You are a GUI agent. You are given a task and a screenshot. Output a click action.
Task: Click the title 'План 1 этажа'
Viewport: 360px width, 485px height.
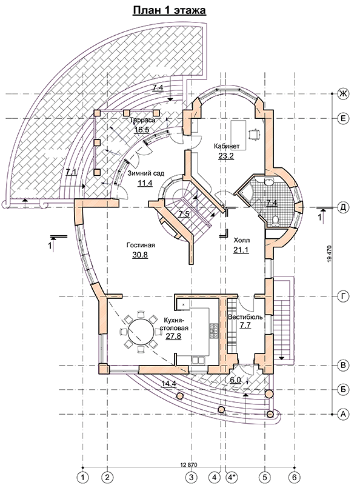(x=169, y=11)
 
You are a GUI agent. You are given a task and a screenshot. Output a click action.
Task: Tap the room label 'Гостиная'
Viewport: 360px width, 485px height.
(x=141, y=246)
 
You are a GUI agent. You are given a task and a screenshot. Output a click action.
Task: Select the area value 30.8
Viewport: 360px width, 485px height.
(x=141, y=255)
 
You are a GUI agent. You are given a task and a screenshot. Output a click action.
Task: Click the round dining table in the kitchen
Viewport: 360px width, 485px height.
(x=141, y=331)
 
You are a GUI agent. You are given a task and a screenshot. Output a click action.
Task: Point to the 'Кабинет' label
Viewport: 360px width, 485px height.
(x=227, y=146)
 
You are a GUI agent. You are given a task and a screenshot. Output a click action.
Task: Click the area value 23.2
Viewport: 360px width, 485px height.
(x=226, y=156)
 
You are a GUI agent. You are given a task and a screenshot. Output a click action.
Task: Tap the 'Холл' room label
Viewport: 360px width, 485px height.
(x=242, y=240)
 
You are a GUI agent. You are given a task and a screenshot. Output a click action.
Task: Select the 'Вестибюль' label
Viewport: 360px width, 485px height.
(x=245, y=317)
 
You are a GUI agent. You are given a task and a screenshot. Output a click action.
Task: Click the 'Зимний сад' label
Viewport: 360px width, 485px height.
(x=145, y=173)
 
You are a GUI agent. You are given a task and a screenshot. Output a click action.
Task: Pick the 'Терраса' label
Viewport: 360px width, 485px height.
(x=142, y=120)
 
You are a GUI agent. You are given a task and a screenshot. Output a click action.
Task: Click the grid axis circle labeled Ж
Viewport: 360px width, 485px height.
(x=342, y=93)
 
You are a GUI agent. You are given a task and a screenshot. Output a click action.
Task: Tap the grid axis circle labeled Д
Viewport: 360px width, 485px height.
(x=342, y=207)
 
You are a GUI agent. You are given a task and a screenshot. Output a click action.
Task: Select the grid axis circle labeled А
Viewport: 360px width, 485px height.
(x=342, y=414)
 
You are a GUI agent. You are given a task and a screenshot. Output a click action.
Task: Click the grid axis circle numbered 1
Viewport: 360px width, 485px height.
(x=82, y=476)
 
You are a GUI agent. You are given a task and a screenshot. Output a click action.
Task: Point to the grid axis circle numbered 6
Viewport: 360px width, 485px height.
(x=294, y=476)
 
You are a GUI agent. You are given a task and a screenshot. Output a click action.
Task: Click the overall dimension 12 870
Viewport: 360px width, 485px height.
(x=188, y=464)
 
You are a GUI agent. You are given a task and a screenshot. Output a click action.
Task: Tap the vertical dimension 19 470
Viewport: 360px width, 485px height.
(x=328, y=255)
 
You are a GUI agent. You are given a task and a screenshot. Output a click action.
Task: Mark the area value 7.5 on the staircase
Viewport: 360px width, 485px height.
(x=184, y=214)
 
